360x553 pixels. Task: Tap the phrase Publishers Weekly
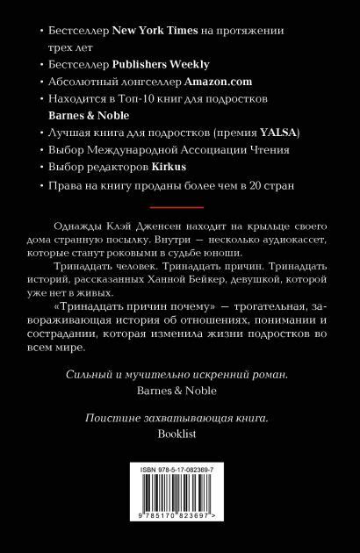point(154,64)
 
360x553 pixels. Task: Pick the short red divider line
point(179,208)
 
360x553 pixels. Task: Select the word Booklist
point(180,434)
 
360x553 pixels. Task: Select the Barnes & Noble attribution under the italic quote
point(180,391)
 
